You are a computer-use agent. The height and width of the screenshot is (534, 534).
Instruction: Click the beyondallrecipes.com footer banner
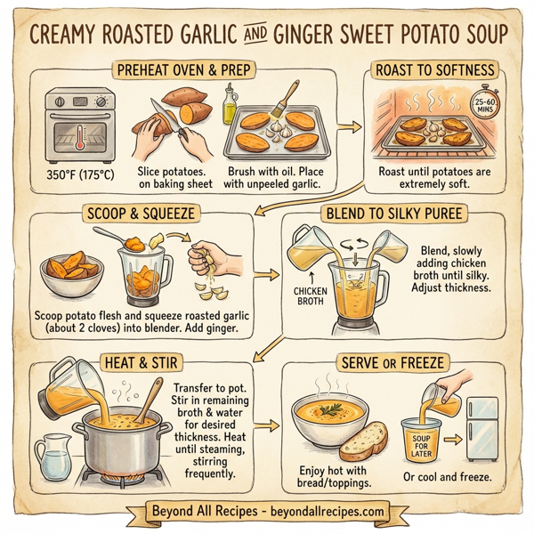pyautogui.click(x=267, y=512)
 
